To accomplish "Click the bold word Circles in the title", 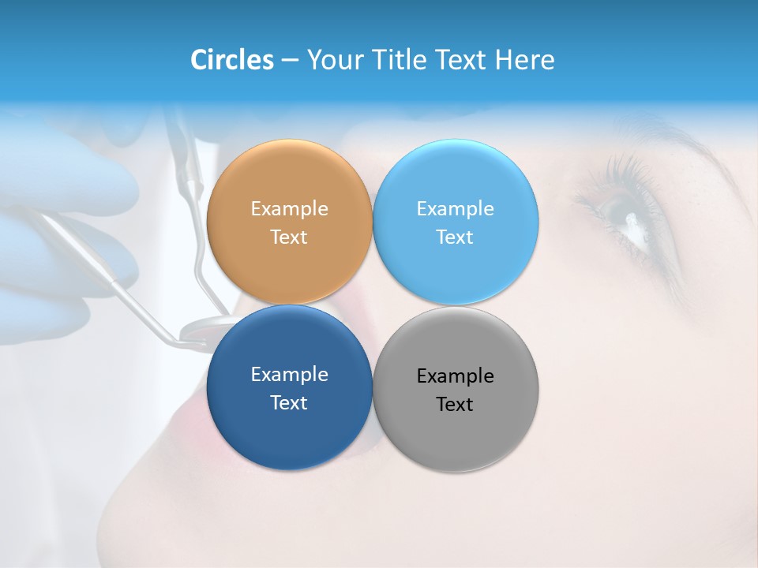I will [x=231, y=60].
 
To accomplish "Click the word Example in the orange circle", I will [x=289, y=209].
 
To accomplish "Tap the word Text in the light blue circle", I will [x=455, y=237].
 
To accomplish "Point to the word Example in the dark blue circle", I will [x=289, y=375].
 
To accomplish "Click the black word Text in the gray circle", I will [x=455, y=405].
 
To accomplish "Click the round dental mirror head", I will [x=197, y=330].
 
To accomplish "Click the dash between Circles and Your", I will [x=289, y=60].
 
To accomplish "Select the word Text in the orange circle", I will [x=289, y=237].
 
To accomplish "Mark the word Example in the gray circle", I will [x=455, y=376].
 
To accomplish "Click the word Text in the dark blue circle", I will [x=289, y=403].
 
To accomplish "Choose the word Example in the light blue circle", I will [x=455, y=209].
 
